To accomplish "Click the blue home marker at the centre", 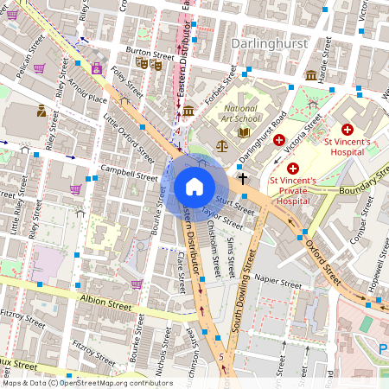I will pos(194,187).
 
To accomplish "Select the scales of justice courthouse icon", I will pos(222,146).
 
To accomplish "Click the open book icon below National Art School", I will pos(244,132).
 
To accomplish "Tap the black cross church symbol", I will pos(243,178).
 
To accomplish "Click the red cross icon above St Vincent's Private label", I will pos(293,167).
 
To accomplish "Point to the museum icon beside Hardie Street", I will pos(310,76).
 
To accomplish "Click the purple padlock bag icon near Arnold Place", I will pos(96,67).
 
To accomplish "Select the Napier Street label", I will pos(278,282).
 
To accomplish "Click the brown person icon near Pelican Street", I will pos(41,110).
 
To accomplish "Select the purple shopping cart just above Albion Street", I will pos(137,284).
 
